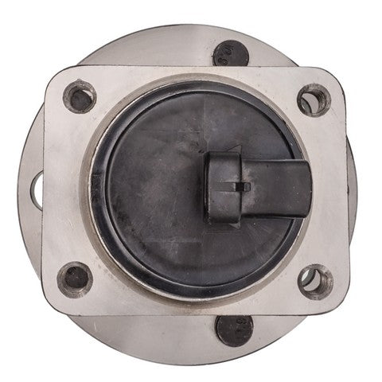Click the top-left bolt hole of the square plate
click(80, 97)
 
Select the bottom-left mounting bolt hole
click(76, 278)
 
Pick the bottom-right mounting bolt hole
click(315, 281)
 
